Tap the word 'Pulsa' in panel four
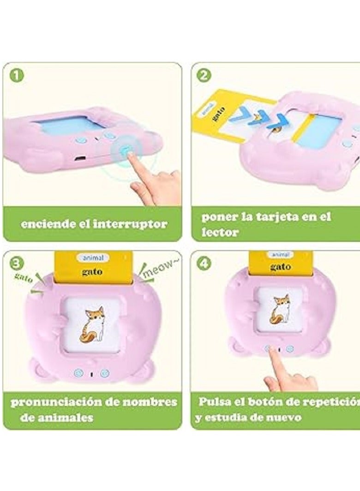(x=213, y=401)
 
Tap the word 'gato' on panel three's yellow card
(x=92, y=272)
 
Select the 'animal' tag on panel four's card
(x=280, y=254)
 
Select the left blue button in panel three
(x=77, y=372)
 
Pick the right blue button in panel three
(x=105, y=372)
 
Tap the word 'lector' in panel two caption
(x=220, y=233)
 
